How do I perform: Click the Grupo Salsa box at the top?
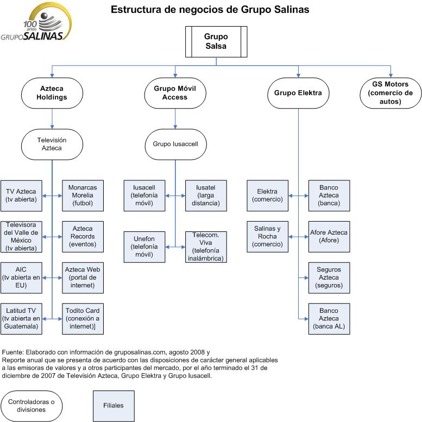point(216,42)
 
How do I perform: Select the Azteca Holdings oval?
point(53,93)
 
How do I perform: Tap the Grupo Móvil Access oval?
point(175,93)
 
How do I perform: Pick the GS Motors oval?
point(390,92)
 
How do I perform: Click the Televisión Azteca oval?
point(53,144)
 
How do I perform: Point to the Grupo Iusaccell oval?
point(175,144)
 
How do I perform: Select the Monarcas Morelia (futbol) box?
point(83,196)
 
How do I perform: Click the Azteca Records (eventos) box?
point(83,237)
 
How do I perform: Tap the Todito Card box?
point(83,318)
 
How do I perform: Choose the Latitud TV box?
point(21,318)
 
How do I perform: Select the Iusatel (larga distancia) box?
point(206,196)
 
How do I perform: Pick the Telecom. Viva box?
point(206,247)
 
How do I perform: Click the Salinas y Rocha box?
point(267,236)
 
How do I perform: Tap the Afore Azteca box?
point(329,236)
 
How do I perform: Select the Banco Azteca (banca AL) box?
point(329,318)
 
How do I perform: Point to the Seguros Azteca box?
point(329,278)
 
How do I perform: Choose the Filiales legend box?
point(114,405)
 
